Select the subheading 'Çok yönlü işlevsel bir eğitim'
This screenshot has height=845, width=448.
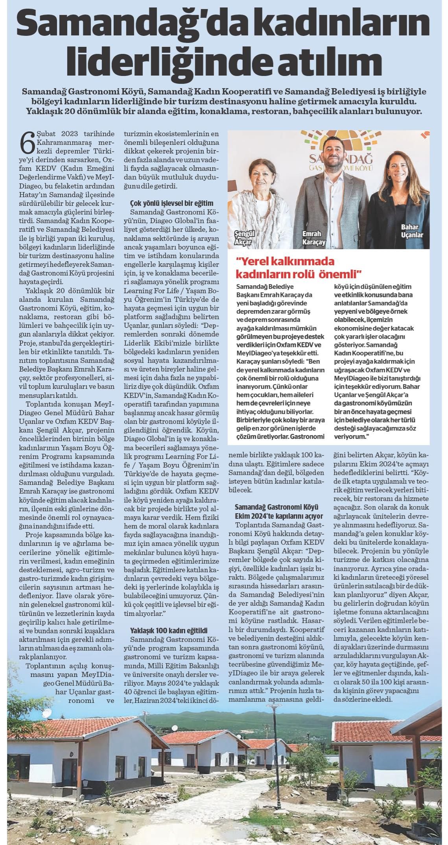click(171, 203)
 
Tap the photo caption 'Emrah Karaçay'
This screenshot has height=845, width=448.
click(313, 238)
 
